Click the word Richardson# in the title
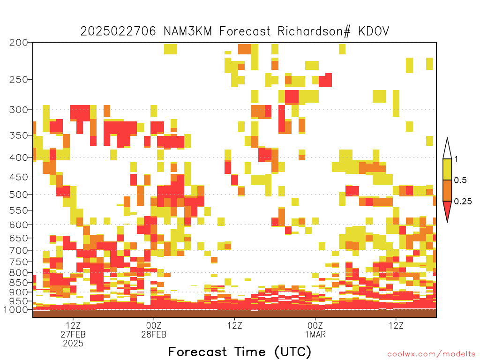tap(314, 31)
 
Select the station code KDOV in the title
tap(374, 31)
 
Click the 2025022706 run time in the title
tap(118, 31)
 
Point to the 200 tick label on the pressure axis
tap(19, 43)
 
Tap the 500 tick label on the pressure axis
tap(19, 195)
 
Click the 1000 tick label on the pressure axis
tap(16, 310)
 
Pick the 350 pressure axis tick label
tap(19, 135)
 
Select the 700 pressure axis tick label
tap(19, 250)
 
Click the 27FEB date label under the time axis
tap(73, 334)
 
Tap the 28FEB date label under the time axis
tap(154, 334)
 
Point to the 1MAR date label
tap(315, 334)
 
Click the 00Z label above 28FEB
tap(154, 325)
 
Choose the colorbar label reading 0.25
tap(463, 202)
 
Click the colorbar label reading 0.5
tap(460, 180)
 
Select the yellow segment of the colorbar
tap(447, 169)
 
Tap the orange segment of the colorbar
tap(447, 190)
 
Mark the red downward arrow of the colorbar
tap(447, 210)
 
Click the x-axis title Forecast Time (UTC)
tap(240, 352)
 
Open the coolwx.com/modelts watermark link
tap(432, 354)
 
